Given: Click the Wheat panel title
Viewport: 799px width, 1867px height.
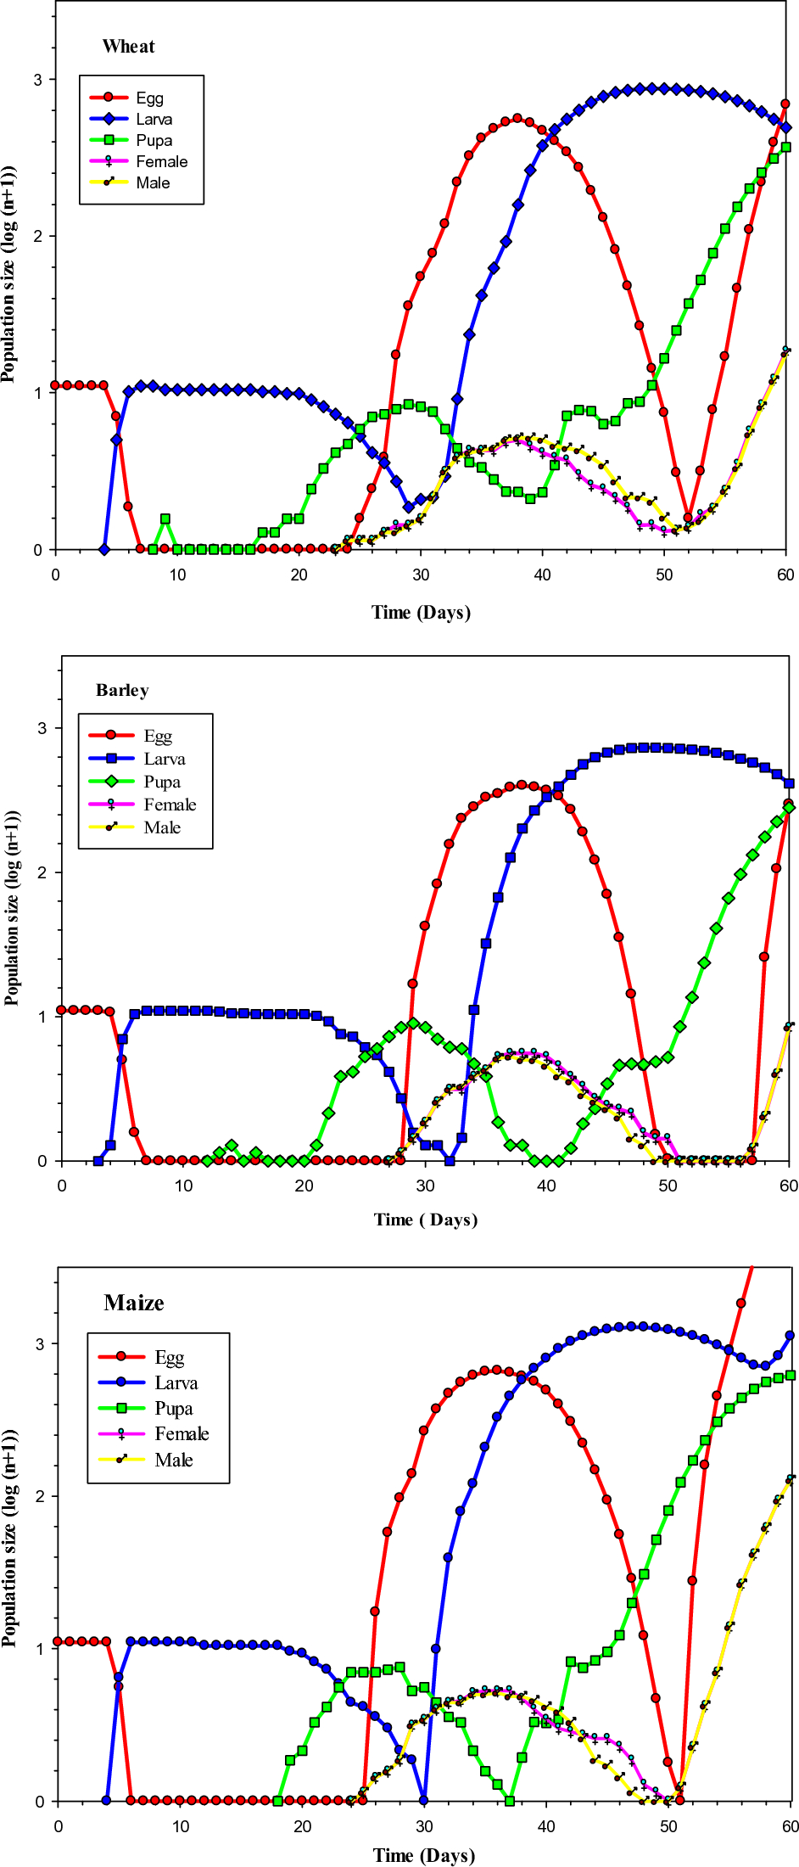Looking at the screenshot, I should pyautogui.click(x=128, y=47).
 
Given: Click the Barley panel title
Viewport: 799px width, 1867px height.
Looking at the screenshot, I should pyautogui.click(x=122, y=690).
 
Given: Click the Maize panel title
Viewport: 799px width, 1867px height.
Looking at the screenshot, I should pyautogui.click(x=134, y=1303).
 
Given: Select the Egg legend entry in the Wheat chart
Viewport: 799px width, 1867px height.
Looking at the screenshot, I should pyautogui.click(x=149, y=98).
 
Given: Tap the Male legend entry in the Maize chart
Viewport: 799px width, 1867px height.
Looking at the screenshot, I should pyautogui.click(x=173, y=1460).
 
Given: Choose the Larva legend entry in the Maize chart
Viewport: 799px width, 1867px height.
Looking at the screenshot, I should pyautogui.click(x=176, y=1382).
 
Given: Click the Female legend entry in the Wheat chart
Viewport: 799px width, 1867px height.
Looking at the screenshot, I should pyautogui.click(x=161, y=162).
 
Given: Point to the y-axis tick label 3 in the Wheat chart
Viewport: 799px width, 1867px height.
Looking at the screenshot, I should pyautogui.click(x=37, y=80).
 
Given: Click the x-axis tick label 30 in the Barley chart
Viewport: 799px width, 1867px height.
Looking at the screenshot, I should pyautogui.click(x=425, y=1186).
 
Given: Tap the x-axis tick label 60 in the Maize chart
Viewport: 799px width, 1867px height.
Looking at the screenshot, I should pyautogui.click(x=790, y=1825).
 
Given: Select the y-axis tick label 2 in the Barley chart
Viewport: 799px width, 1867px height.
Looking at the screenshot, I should pyautogui.click(x=42, y=872).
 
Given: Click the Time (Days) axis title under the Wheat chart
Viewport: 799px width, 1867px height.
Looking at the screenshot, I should pyautogui.click(x=421, y=612).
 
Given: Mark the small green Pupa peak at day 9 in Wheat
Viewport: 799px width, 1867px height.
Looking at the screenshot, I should pyautogui.click(x=165, y=519).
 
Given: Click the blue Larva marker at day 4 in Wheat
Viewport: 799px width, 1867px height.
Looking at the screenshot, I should pyautogui.click(x=104, y=550).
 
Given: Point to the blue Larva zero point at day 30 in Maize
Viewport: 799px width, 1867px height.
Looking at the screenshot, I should pyautogui.click(x=424, y=1799).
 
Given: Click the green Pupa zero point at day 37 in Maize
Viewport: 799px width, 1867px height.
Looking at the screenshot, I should pyautogui.click(x=509, y=1800).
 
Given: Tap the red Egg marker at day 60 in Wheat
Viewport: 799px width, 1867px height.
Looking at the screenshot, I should pyautogui.click(x=785, y=104).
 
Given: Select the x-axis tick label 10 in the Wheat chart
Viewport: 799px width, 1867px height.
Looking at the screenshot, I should pyautogui.click(x=177, y=575).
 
